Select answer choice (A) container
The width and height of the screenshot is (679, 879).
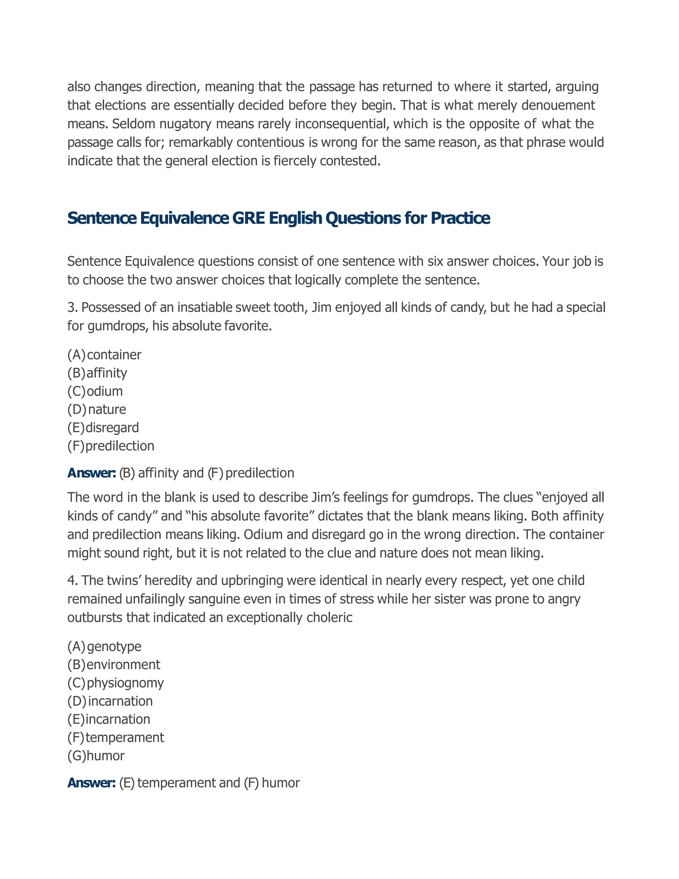click(x=104, y=355)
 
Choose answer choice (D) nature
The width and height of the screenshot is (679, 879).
click(x=96, y=409)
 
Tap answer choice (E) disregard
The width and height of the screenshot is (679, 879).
click(x=103, y=428)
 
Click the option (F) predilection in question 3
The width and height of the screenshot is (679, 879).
click(x=111, y=445)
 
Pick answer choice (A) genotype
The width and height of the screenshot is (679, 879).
click(x=104, y=646)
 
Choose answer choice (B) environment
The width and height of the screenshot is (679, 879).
click(x=114, y=664)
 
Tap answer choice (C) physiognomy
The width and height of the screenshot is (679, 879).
click(x=115, y=683)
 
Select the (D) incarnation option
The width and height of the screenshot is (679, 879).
click(x=110, y=701)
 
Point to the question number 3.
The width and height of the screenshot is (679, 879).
click(x=72, y=307)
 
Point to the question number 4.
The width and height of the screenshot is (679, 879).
click(x=72, y=581)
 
